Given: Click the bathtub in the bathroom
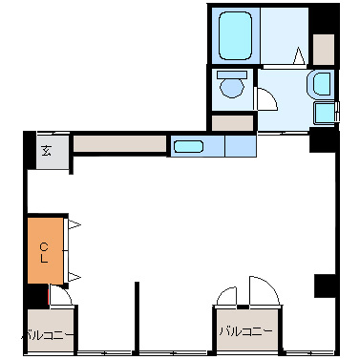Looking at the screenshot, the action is pyautogui.click(x=235, y=35).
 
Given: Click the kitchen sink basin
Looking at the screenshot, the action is pyautogui.click(x=188, y=147).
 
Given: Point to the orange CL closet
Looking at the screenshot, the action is pyautogui.click(x=45, y=250).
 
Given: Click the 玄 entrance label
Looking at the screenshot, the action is pyautogui.click(x=47, y=151).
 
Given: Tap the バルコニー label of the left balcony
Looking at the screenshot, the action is pyautogui.click(x=48, y=335).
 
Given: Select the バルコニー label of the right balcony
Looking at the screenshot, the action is pyautogui.click(x=245, y=331).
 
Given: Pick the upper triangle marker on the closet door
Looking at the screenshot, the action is pyautogui.click(x=74, y=224).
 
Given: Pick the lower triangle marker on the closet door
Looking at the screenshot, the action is pyautogui.click(x=74, y=277).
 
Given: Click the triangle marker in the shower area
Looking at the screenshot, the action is pyautogui.click(x=299, y=56).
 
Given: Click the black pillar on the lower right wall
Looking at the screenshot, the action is pyautogui.click(x=325, y=286).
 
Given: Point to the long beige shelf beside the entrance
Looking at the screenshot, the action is pyautogui.click(x=120, y=144).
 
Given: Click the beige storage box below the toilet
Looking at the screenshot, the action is pyautogui.click(x=232, y=123).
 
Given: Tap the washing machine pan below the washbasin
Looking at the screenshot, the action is pyautogui.click(x=325, y=114).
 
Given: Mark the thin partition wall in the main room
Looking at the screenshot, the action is pyautogui.click(x=137, y=318).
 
